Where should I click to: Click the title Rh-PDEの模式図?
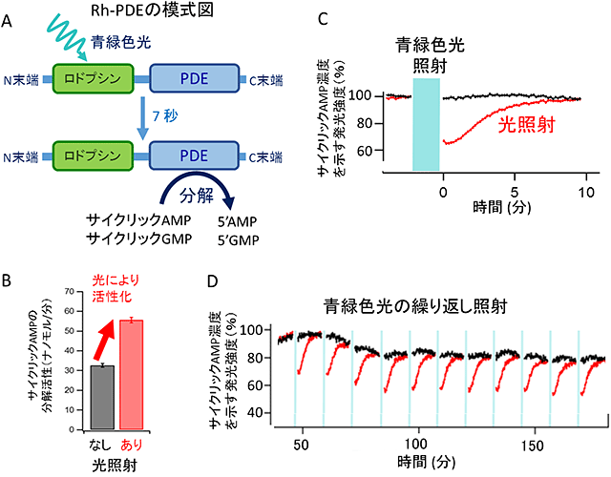(x=152, y=10)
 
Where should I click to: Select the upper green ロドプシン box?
(x=93, y=78)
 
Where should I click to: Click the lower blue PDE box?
(x=194, y=156)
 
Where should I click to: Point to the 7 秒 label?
(x=165, y=116)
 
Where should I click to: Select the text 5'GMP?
(x=238, y=240)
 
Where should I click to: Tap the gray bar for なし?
(x=102, y=397)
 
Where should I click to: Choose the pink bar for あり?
(x=132, y=375)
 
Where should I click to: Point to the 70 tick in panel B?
(x=69, y=291)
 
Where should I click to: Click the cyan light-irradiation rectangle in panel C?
(x=427, y=125)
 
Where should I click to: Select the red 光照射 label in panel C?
(x=527, y=125)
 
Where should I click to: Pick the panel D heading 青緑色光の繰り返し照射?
(x=415, y=307)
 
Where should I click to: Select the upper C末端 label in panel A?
(x=266, y=80)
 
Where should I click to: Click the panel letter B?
(x=7, y=281)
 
